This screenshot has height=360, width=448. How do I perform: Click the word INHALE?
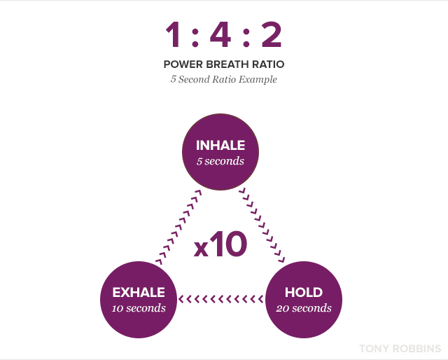pyautogui.click(x=220, y=146)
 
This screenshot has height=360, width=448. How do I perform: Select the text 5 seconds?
pyautogui.click(x=220, y=161)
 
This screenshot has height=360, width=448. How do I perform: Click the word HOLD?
pyautogui.click(x=304, y=292)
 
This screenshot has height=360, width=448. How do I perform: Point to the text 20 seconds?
pyautogui.click(x=304, y=307)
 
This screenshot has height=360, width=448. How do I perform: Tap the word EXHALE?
pyautogui.click(x=139, y=292)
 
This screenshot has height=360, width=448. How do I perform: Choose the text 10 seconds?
pyautogui.click(x=139, y=307)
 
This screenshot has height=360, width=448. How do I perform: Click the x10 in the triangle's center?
pyautogui.click(x=220, y=245)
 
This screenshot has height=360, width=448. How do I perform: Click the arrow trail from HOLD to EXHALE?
pyautogui.click(x=220, y=299)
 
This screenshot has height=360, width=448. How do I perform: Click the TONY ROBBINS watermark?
pyautogui.click(x=400, y=348)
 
